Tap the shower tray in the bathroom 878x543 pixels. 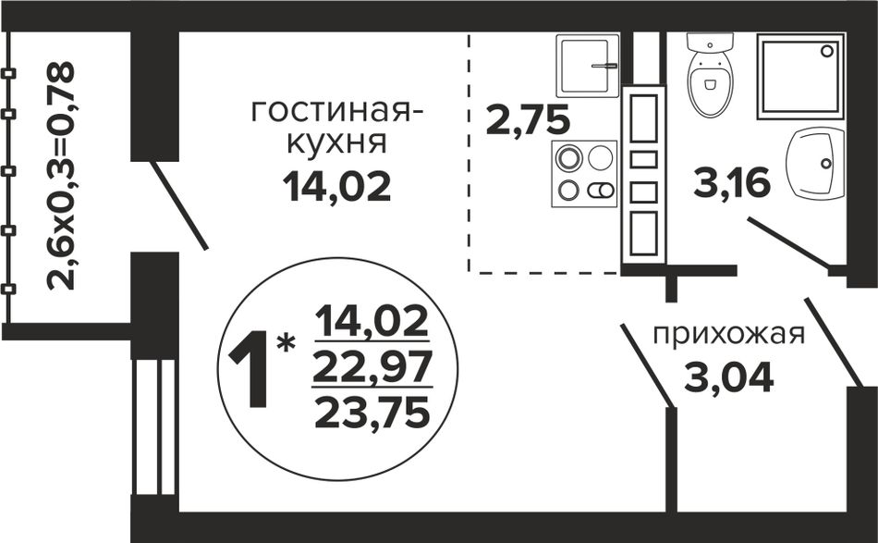800,76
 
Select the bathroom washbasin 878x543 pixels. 815,163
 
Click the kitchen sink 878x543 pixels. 588,66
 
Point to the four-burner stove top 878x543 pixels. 584,174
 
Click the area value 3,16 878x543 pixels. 732,183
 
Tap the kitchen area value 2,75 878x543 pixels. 528,120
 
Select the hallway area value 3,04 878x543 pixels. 729,377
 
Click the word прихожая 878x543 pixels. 729,335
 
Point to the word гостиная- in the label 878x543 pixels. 337,112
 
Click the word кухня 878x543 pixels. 337,142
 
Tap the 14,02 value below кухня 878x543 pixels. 336,186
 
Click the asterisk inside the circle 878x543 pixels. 287,342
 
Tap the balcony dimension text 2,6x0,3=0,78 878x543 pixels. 60,176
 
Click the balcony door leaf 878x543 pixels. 179,205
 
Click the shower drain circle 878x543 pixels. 827,51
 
